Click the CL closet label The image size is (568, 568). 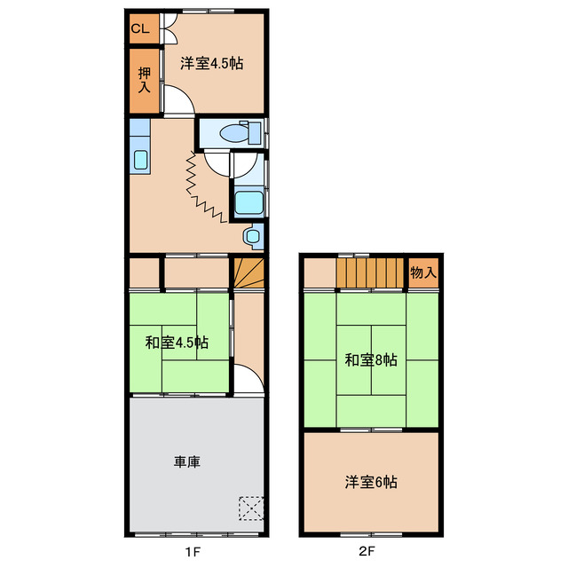tap(140, 28)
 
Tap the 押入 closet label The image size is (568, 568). tap(144, 80)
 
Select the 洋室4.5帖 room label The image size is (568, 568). tap(212, 63)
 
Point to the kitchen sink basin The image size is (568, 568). tap(140, 162)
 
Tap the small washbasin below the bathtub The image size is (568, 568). tap(253, 236)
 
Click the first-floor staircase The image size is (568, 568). tap(249, 272)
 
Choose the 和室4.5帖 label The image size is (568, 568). tap(177, 342)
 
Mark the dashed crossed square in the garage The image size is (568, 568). tap(251, 508)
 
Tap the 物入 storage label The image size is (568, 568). tap(423, 273)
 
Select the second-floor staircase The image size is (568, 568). tap(370, 272)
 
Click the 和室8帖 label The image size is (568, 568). tap(371, 360)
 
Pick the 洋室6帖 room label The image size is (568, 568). tap(371, 483)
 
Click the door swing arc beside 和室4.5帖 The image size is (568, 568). tap(249, 380)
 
